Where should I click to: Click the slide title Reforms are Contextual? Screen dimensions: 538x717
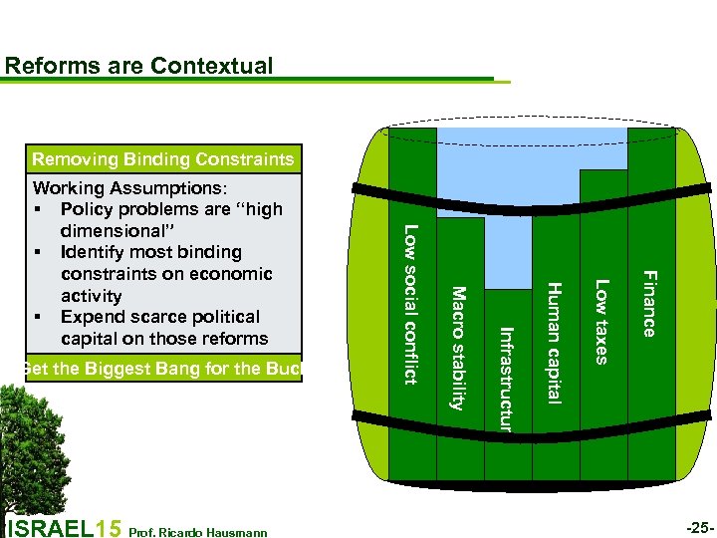coord(138,67)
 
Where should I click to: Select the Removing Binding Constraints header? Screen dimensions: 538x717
coord(162,159)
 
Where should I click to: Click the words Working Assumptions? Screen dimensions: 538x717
coord(129,188)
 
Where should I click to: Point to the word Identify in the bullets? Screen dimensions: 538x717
coord(101,252)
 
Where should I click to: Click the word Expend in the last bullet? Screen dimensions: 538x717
coord(95,317)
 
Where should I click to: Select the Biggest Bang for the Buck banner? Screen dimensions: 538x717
coord(159,370)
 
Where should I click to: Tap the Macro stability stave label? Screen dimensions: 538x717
coord(458,348)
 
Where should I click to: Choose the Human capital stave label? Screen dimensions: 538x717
coord(555,344)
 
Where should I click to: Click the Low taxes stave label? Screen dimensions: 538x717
coord(601,322)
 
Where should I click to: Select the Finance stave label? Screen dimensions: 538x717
coord(649,304)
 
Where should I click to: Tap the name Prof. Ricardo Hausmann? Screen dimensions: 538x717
coord(199,532)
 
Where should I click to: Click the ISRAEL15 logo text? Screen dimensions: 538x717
coord(65,527)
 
